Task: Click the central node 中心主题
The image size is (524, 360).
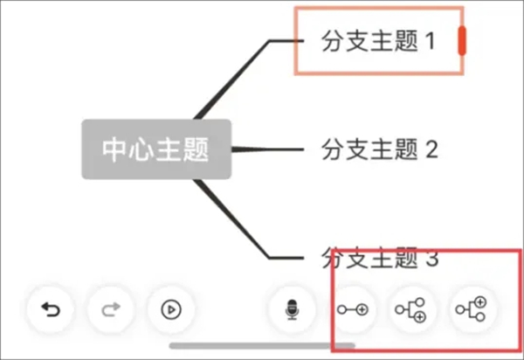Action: (x=156, y=149)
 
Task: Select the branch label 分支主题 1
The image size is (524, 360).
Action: (x=377, y=41)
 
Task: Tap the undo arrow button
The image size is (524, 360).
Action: (x=51, y=308)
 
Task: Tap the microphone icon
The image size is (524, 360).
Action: (x=293, y=308)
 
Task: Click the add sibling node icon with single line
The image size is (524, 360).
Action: (x=354, y=308)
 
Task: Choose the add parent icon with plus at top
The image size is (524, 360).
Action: (x=472, y=308)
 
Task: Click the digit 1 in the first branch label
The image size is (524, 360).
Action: (x=429, y=41)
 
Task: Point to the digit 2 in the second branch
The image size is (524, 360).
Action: (x=430, y=149)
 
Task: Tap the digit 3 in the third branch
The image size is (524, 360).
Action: (x=430, y=259)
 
